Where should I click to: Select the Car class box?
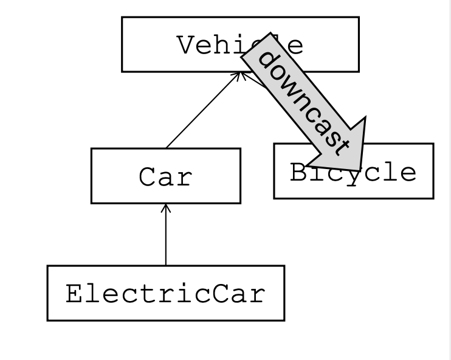point(166,176)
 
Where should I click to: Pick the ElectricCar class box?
point(166,293)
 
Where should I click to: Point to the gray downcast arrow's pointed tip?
point(360,170)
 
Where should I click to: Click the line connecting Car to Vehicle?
point(203,111)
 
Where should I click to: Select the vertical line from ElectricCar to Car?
point(166,235)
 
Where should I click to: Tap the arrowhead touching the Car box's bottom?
point(166,209)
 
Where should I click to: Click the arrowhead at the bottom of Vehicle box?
point(241,75)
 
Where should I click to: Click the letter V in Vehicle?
point(187,44)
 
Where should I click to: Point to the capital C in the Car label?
point(148,176)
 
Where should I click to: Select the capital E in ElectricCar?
point(75,293)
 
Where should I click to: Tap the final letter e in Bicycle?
point(408,173)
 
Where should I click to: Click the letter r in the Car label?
point(184,179)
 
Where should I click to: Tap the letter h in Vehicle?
point(224,44)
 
